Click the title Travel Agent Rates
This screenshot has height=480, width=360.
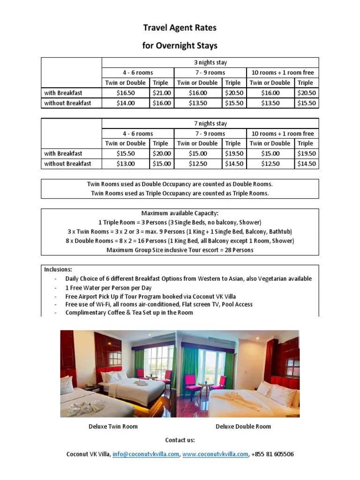(180, 28)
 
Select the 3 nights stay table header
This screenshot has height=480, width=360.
(210, 62)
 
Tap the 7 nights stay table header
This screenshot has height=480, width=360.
(210, 123)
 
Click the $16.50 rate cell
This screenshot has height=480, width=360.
(125, 93)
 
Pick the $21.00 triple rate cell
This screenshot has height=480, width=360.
(162, 93)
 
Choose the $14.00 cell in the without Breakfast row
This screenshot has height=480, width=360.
(125, 103)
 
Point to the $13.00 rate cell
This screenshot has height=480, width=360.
(125, 164)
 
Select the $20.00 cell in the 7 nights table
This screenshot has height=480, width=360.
(162, 153)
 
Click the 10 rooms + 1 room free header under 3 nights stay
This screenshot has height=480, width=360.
(283, 73)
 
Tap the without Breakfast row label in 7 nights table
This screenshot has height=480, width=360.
(67, 164)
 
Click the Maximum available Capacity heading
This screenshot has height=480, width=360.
(180, 213)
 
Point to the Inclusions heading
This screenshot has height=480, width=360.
(58, 270)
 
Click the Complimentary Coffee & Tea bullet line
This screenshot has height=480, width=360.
(129, 312)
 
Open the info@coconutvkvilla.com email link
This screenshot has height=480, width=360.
(146, 454)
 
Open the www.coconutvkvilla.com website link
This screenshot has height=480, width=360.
(215, 454)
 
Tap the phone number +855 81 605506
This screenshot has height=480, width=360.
(273, 454)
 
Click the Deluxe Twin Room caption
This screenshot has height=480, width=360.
(113, 427)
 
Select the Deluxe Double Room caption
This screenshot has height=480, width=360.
(243, 427)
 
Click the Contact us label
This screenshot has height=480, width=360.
(180, 440)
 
